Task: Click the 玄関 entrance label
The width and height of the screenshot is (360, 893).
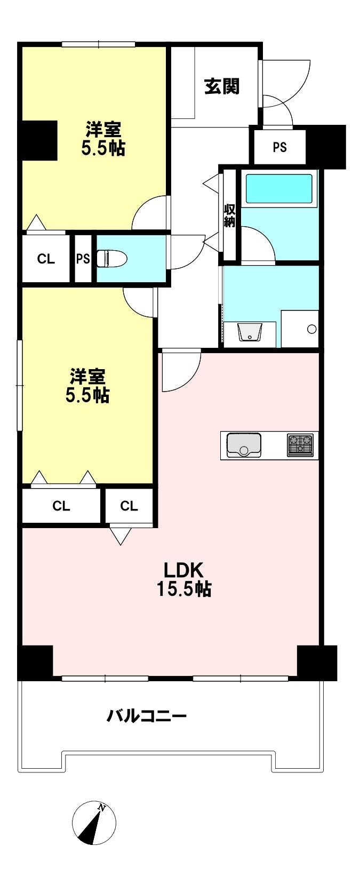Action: (x=222, y=86)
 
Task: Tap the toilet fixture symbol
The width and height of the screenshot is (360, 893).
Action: (x=114, y=259)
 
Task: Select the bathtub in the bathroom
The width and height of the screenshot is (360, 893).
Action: (x=278, y=189)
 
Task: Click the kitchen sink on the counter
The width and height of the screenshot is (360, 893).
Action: (x=244, y=445)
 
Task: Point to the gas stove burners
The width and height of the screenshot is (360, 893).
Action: (x=301, y=445)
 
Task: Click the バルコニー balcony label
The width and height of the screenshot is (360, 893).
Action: (x=147, y=715)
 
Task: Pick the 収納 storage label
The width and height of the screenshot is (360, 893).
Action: (x=229, y=216)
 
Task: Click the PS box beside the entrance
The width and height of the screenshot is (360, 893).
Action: (x=279, y=147)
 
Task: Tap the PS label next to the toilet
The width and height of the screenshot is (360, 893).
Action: (x=83, y=259)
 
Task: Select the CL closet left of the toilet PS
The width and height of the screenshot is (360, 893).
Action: (x=46, y=259)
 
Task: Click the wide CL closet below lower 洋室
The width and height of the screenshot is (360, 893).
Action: (x=61, y=506)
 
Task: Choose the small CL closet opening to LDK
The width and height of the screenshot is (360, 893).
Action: (x=129, y=506)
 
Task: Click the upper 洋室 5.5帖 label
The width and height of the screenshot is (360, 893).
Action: (x=103, y=139)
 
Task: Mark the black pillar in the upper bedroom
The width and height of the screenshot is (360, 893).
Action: (x=39, y=140)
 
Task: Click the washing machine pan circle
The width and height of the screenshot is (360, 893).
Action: (x=312, y=329)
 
